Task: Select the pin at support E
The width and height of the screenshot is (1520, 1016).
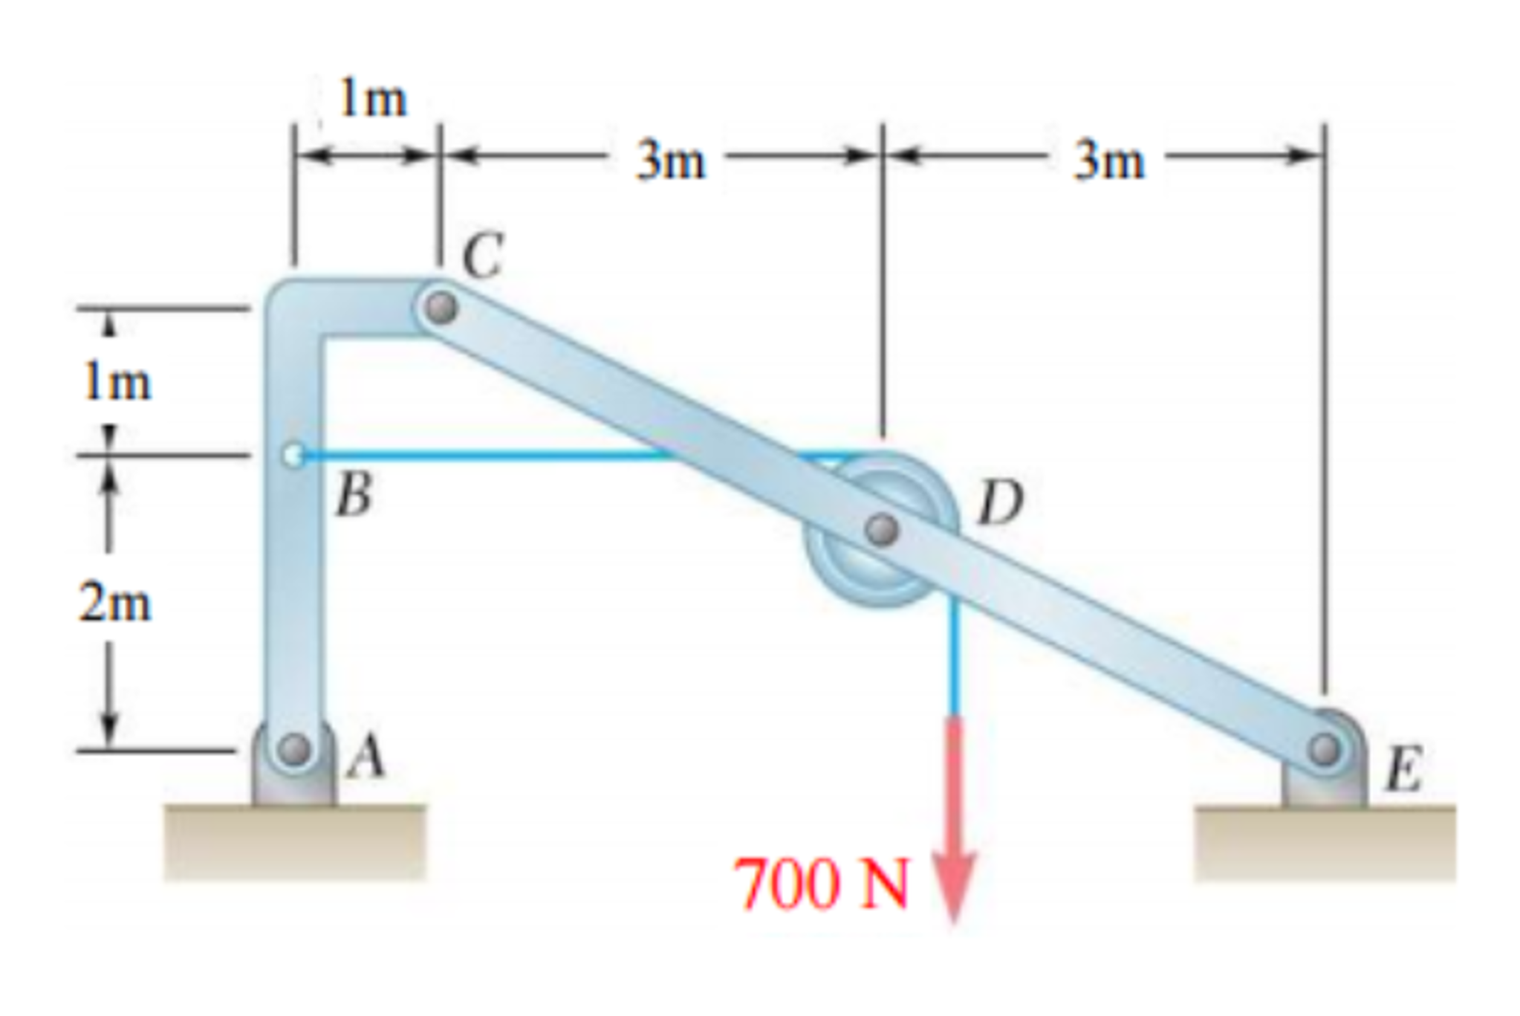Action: (1324, 748)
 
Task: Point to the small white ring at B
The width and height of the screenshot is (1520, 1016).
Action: (293, 454)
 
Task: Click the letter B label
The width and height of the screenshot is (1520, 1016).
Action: (353, 495)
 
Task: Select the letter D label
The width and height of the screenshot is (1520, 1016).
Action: (1000, 502)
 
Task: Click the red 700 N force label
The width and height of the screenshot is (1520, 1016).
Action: (821, 884)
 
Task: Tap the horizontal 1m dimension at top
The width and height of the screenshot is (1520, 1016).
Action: (373, 99)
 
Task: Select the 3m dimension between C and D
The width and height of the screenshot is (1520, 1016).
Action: (670, 161)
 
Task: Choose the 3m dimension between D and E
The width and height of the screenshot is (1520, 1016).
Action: (1108, 161)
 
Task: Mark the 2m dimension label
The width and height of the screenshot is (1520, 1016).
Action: (115, 603)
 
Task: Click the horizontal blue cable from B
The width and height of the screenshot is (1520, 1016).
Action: (483, 455)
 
